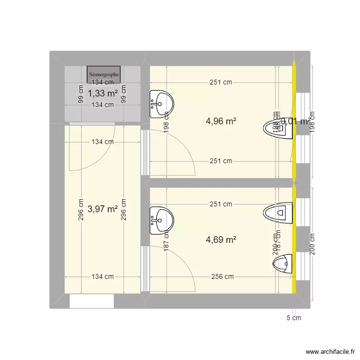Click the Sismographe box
tap(104, 74)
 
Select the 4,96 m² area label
tap(221, 121)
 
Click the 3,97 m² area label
tap(103, 209)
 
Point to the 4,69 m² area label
tap(221, 240)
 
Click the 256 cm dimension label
tap(222, 276)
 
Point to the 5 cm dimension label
tap(294, 318)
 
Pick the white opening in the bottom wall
tap(92, 301)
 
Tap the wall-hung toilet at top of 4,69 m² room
tap(278, 212)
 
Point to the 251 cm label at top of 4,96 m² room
tap(221, 82)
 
